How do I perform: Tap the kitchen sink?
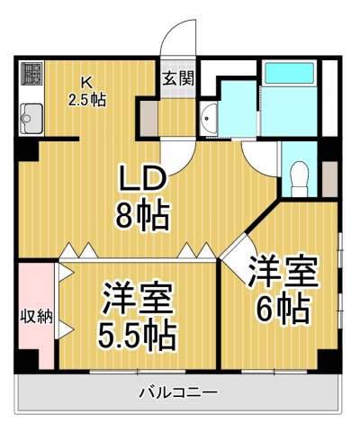[x=31, y=116]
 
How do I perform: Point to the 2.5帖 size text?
[x=86, y=98]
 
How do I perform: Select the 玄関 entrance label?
[x=177, y=77]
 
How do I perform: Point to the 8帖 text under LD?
[x=147, y=216]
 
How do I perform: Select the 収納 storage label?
[x=37, y=316]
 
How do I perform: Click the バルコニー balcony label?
[x=177, y=393]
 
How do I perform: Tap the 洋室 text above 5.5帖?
[x=138, y=298]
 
